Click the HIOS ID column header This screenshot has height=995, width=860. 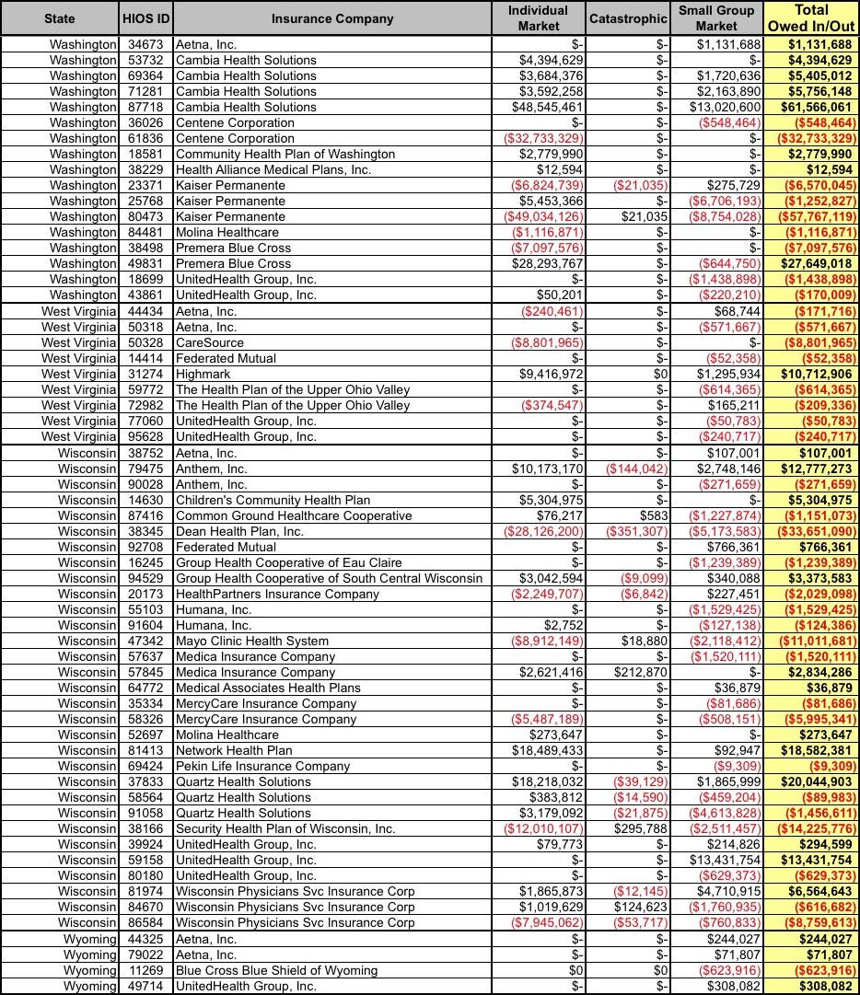pos(146,18)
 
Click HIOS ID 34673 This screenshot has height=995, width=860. pos(146,44)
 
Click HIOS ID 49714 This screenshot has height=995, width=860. pos(146,986)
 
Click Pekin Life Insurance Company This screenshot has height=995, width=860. pos(262,766)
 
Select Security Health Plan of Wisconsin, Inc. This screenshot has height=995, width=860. pos(285,828)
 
